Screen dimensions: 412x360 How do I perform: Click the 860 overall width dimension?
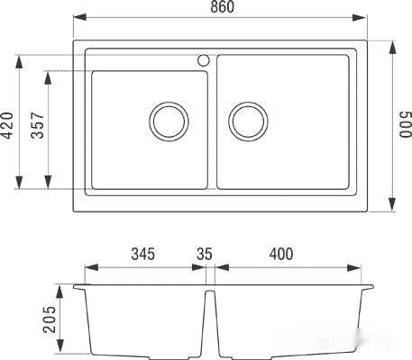222,7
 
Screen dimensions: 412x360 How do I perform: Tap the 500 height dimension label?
405,124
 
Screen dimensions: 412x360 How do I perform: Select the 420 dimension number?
7,125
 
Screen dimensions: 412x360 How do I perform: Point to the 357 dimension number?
38,125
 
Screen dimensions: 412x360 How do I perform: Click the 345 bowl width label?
143,254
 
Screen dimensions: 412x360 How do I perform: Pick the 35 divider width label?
205,254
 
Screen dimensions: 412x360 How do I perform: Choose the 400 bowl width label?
281,254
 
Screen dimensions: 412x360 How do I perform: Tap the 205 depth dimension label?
50,319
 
